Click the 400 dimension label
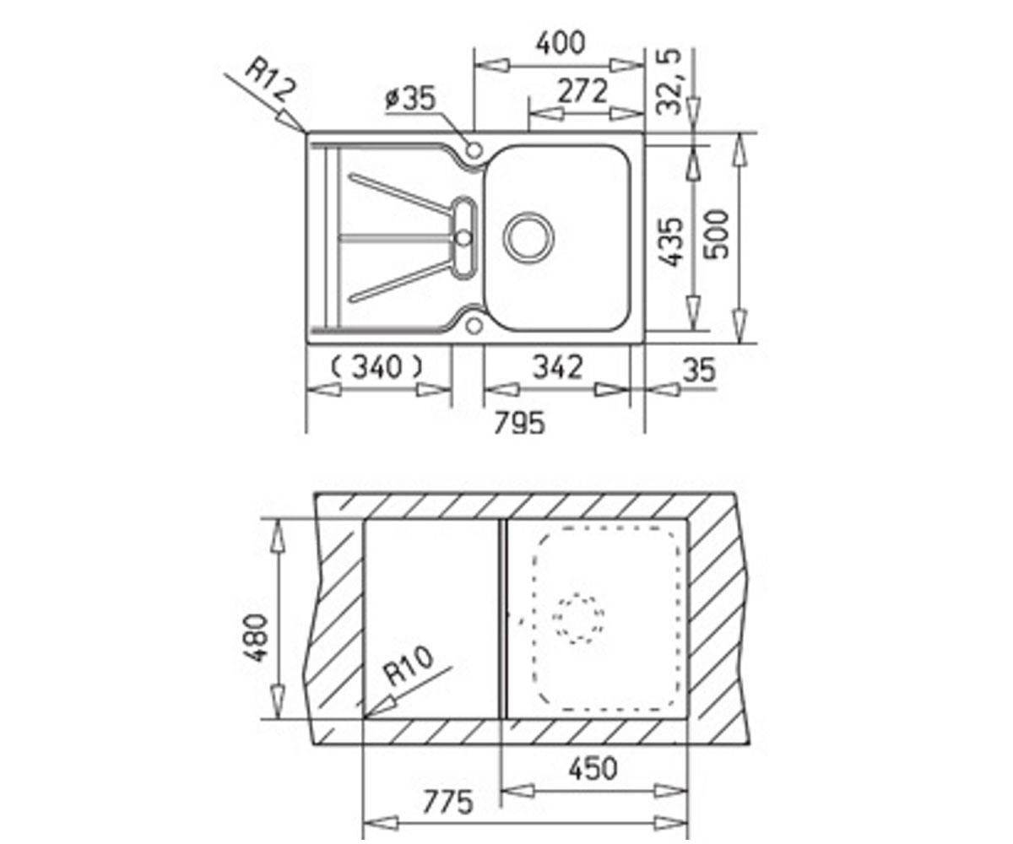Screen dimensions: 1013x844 pos(561,43)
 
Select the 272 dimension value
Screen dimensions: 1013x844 pos(582,90)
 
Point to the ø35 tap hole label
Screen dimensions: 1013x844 pos(410,99)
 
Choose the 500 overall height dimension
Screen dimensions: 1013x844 pos(717,235)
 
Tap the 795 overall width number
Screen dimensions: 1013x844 pos(520,423)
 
